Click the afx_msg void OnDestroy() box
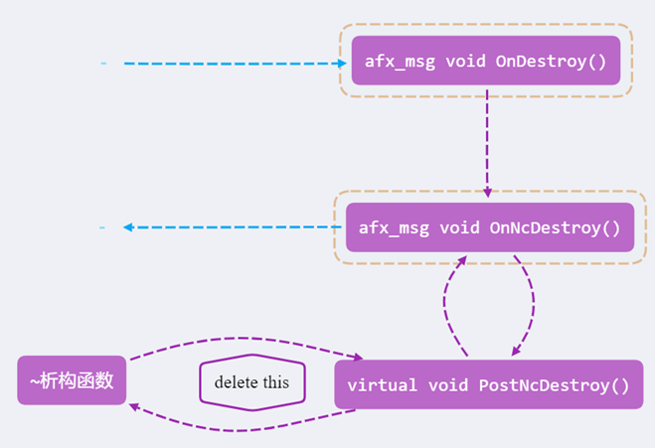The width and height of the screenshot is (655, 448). pos(486,61)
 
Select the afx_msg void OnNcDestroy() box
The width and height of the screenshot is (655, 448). pos(489,227)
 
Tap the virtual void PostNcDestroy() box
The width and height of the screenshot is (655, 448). pos(488,384)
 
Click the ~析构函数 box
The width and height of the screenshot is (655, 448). pos(72,380)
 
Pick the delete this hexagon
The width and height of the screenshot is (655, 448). pos(252,381)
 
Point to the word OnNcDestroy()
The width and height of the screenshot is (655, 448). pos(555,227)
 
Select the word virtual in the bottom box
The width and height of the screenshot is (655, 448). pos(384,385)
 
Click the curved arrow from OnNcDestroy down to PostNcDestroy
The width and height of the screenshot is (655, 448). pos(531,303)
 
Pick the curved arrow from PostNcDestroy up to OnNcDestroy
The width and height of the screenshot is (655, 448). pos(445,303)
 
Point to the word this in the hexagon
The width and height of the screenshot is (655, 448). pos(276,382)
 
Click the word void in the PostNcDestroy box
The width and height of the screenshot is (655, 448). pos(449,385)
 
